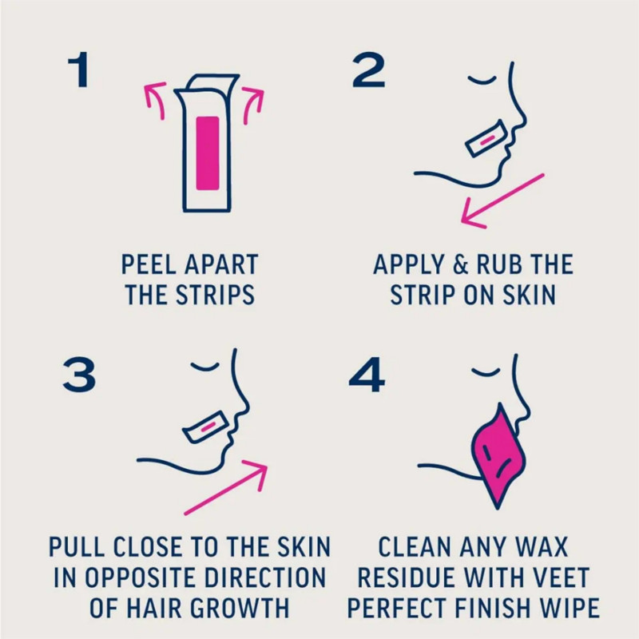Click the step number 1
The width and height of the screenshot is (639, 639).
pyautogui.click(x=78, y=69)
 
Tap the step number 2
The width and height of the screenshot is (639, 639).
pyautogui.click(x=368, y=69)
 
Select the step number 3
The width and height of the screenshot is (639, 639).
pyautogui.click(x=79, y=375)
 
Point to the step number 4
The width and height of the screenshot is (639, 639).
pyautogui.click(x=367, y=375)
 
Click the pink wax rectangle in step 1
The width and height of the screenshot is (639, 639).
pyautogui.click(x=208, y=153)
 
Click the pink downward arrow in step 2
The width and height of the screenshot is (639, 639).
pyautogui.click(x=502, y=201)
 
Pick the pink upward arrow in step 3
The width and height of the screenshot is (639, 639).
pyautogui.click(x=225, y=487)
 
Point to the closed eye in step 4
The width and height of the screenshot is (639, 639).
pyautogui.click(x=486, y=371)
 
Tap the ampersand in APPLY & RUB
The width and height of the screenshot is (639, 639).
pyautogui.click(x=461, y=264)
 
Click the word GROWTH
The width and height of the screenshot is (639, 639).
pyautogui.click(x=240, y=608)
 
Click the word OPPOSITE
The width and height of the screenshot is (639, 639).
pyautogui.click(x=141, y=577)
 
